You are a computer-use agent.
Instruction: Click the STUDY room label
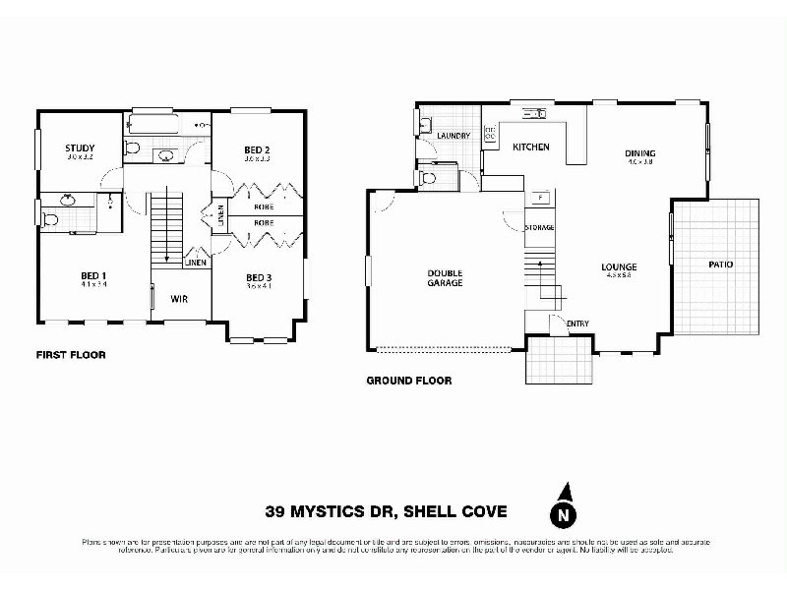[x=81, y=149]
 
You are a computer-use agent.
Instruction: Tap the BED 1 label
[x=93, y=276]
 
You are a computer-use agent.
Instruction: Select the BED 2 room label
[x=258, y=150]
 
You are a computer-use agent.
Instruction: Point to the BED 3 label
[x=258, y=277]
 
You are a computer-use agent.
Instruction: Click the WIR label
[x=180, y=298]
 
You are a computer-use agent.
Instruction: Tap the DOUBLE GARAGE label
[x=445, y=277]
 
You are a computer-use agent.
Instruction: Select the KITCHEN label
[x=531, y=147]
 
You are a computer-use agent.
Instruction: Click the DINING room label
[x=640, y=153]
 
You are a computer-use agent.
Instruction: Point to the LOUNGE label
[x=620, y=266]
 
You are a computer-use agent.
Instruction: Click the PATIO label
[x=720, y=265]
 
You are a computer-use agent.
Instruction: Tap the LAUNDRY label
[x=453, y=136]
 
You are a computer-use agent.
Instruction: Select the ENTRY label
[x=578, y=324]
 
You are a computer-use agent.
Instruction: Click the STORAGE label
[x=539, y=227]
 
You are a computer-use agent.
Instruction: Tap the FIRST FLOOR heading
[x=71, y=355]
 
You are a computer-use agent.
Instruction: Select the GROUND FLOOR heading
[x=408, y=381]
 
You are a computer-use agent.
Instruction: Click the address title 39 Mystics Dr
[x=386, y=510]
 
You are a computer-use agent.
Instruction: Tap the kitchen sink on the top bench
[x=535, y=114]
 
